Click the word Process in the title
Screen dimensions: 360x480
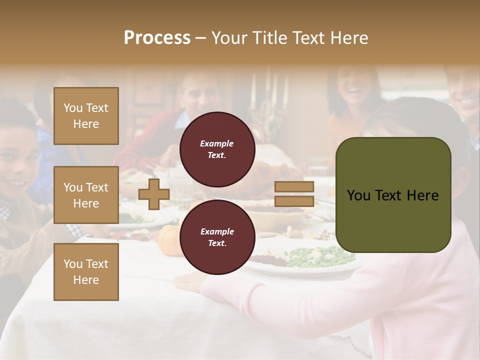[x=157, y=38]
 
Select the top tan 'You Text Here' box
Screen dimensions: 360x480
[x=86, y=116]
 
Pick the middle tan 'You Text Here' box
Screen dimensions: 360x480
[x=86, y=195]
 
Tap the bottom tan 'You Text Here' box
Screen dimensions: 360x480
[x=86, y=271]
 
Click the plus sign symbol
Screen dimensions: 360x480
[x=154, y=194]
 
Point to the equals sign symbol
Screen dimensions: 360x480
[x=294, y=194]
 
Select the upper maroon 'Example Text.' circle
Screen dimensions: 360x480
[x=217, y=149]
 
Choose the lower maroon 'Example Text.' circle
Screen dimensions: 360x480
[x=217, y=237]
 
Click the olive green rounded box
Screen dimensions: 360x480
[x=393, y=195]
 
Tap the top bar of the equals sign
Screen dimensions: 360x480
[x=294, y=186]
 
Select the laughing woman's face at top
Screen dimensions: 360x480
[x=352, y=87]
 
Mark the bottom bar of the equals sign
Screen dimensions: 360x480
[x=294, y=201]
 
